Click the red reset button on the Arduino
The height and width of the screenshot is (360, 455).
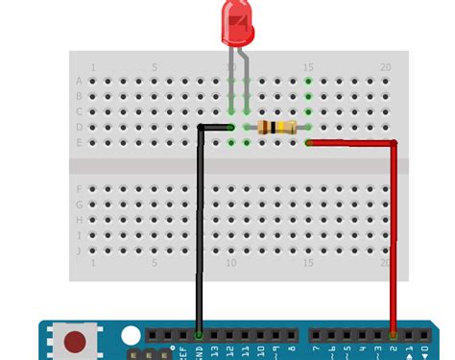click(x=74, y=340)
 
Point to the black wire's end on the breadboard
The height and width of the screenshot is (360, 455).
click(x=230, y=127)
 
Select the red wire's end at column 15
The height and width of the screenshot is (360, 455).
click(x=308, y=143)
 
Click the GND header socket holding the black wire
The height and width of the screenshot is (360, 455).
click(x=199, y=335)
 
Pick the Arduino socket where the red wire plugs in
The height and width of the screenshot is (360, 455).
click(x=394, y=335)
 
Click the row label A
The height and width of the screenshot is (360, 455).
click(x=79, y=81)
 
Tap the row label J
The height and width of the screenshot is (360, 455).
click(x=79, y=250)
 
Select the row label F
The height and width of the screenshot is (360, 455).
click(x=79, y=189)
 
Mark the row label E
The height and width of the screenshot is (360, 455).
click(x=79, y=142)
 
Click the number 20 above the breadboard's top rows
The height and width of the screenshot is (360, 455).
click(x=385, y=67)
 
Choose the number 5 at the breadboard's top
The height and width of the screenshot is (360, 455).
click(x=155, y=67)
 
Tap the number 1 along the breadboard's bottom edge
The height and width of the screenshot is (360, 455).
click(x=93, y=263)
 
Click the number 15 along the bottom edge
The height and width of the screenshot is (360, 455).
click(x=308, y=263)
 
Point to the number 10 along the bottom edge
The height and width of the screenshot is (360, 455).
click(x=231, y=263)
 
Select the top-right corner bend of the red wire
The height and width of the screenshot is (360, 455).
click(x=394, y=144)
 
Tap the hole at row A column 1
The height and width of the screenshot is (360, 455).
click(x=93, y=81)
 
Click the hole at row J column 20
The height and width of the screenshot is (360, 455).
click(x=385, y=250)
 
